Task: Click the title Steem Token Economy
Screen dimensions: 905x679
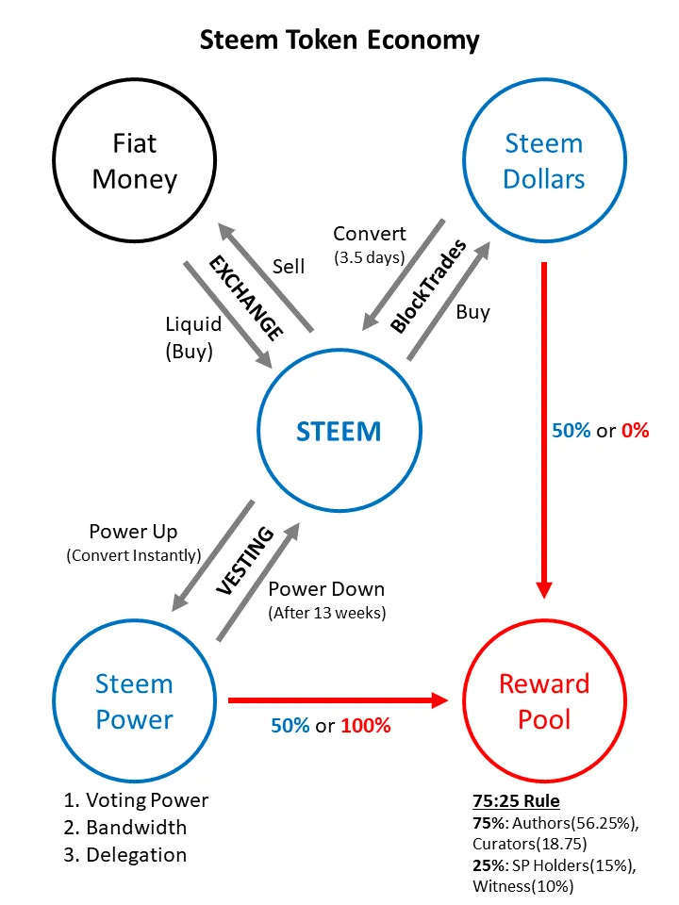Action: [x=339, y=41]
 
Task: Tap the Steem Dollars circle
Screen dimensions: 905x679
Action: [x=544, y=161]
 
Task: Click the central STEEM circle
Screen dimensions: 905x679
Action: [x=339, y=432]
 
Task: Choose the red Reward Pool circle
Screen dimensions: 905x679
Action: [x=544, y=701]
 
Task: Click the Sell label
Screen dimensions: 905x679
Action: [x=289, y=267]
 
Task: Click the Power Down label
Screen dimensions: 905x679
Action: [x=326, y=589]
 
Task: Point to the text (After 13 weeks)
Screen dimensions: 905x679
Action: [x=327, y=612]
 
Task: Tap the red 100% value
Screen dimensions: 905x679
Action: [x=365, y=727]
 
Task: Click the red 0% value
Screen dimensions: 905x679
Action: [x=635, y=431]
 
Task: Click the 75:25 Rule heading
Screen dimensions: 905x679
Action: [x=516, y=802]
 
